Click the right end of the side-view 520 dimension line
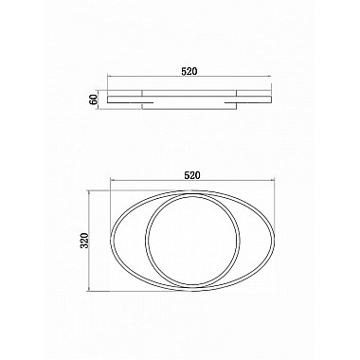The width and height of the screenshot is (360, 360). click(x=275, y=77)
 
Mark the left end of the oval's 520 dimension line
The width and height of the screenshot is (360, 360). click(x=110, y=183)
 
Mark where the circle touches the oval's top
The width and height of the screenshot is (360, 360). click(x=193, y=189)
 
